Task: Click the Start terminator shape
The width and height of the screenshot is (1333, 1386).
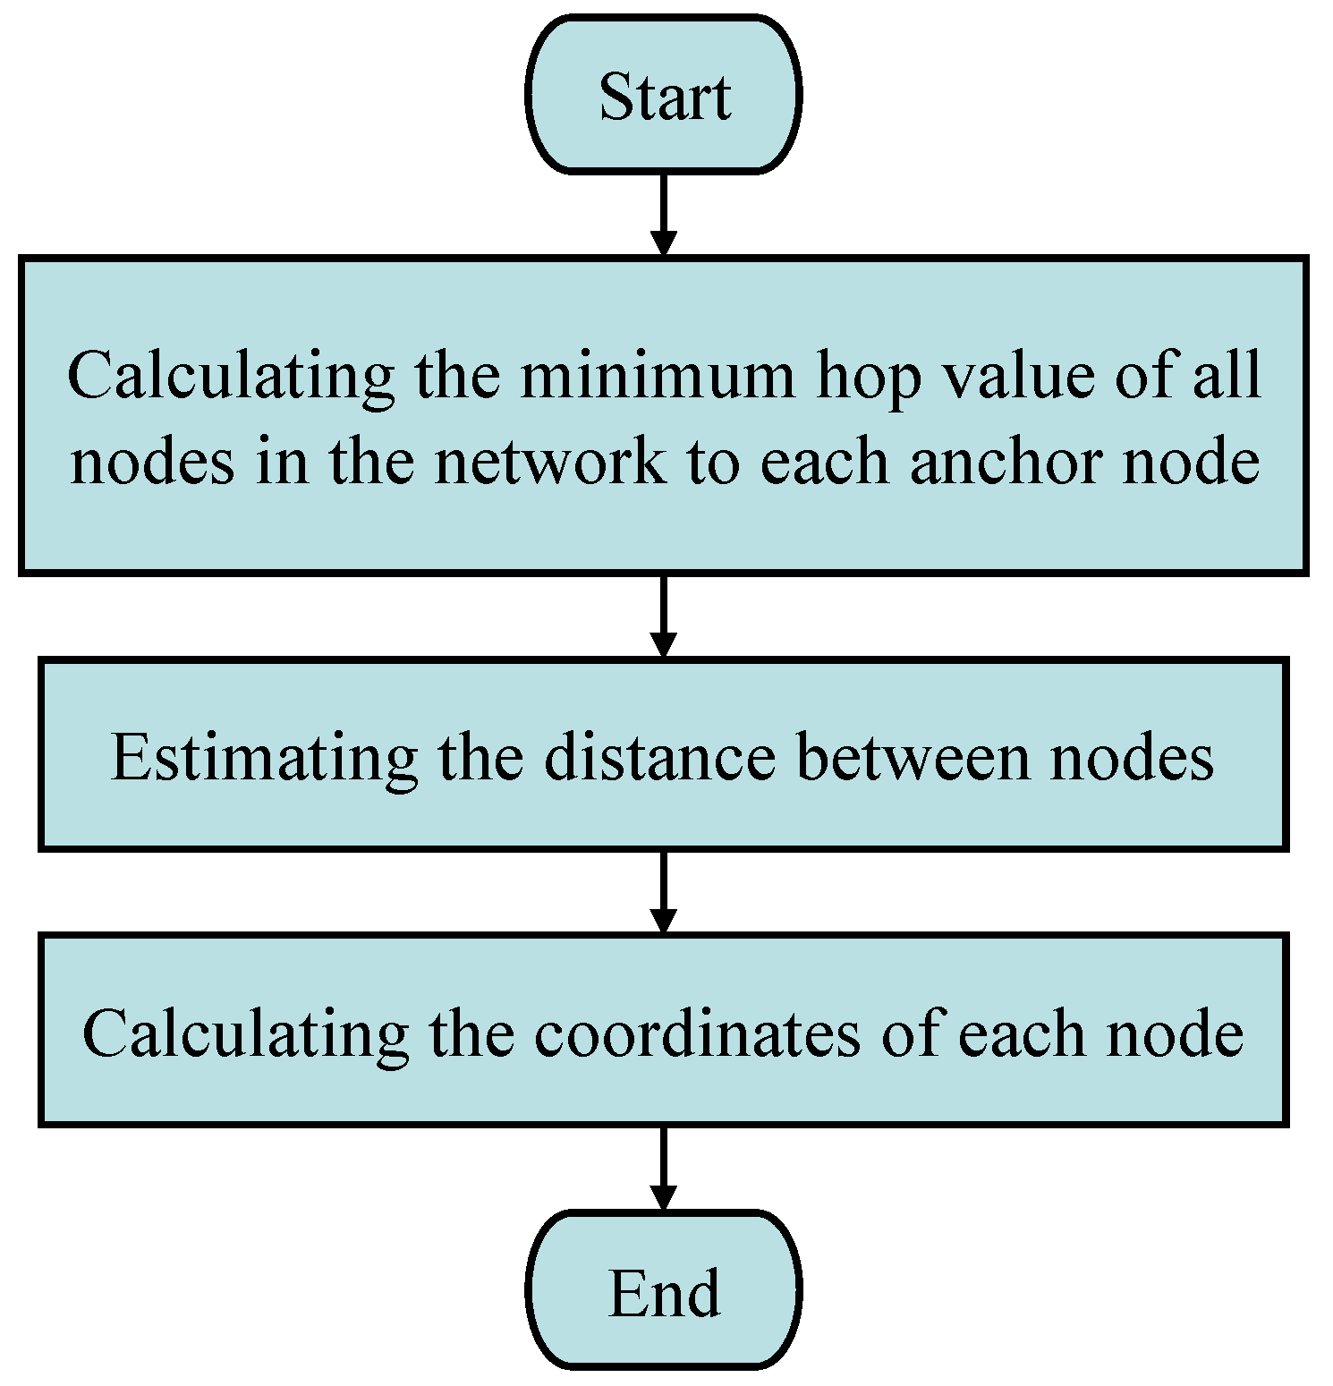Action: click(663, 95)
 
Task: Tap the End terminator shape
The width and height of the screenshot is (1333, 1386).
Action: click(663, 1291)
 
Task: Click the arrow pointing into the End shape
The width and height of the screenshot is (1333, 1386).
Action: click(663, 1167)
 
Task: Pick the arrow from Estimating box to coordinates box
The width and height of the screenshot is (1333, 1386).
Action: click(663, 891)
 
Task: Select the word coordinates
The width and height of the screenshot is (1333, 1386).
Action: click(699, 1033)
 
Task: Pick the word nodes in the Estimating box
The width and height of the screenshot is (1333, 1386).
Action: click(1132, 757)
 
